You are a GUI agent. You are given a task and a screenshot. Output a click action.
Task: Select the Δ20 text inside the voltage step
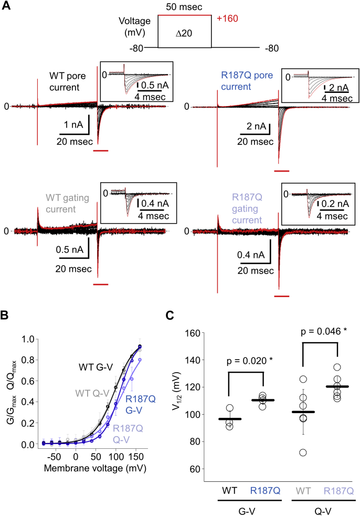click(x=185, y=33)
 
